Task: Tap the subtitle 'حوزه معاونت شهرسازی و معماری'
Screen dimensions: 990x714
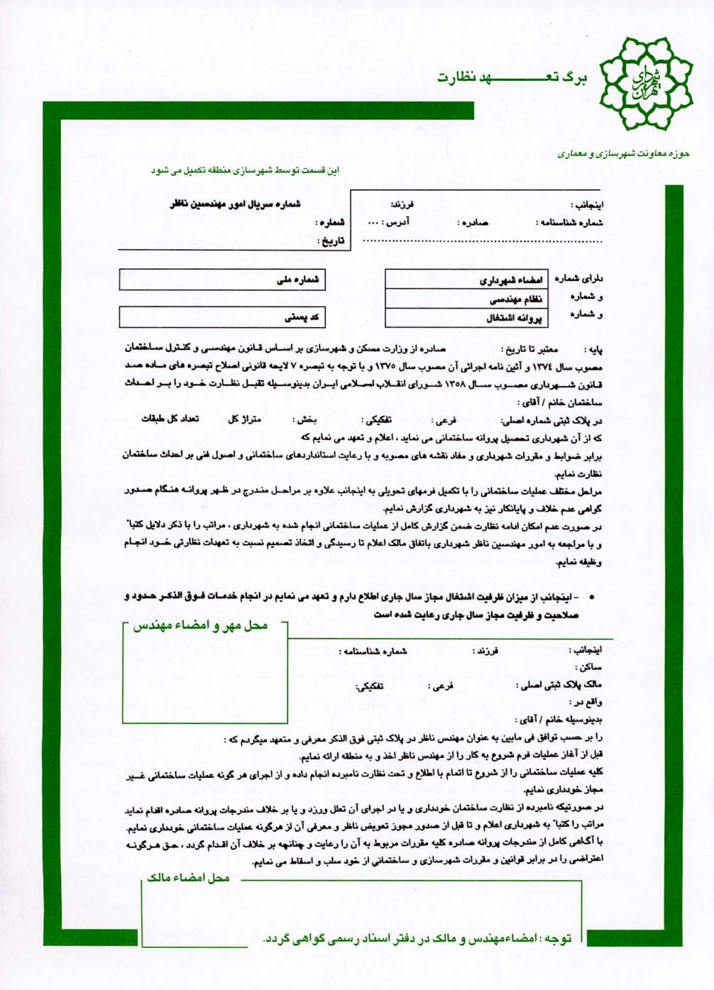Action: (623, 153)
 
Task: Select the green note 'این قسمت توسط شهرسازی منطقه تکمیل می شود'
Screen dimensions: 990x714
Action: (245, 170)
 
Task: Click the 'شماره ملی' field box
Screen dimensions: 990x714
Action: (222, 280)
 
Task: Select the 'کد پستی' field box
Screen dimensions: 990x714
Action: (222, 317)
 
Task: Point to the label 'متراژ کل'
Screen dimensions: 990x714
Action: (244, 419)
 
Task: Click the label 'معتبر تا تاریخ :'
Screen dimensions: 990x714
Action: (529, 349)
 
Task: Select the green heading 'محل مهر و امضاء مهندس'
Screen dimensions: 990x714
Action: (206, 625)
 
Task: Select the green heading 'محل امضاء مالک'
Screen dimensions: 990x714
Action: (188, 878)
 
